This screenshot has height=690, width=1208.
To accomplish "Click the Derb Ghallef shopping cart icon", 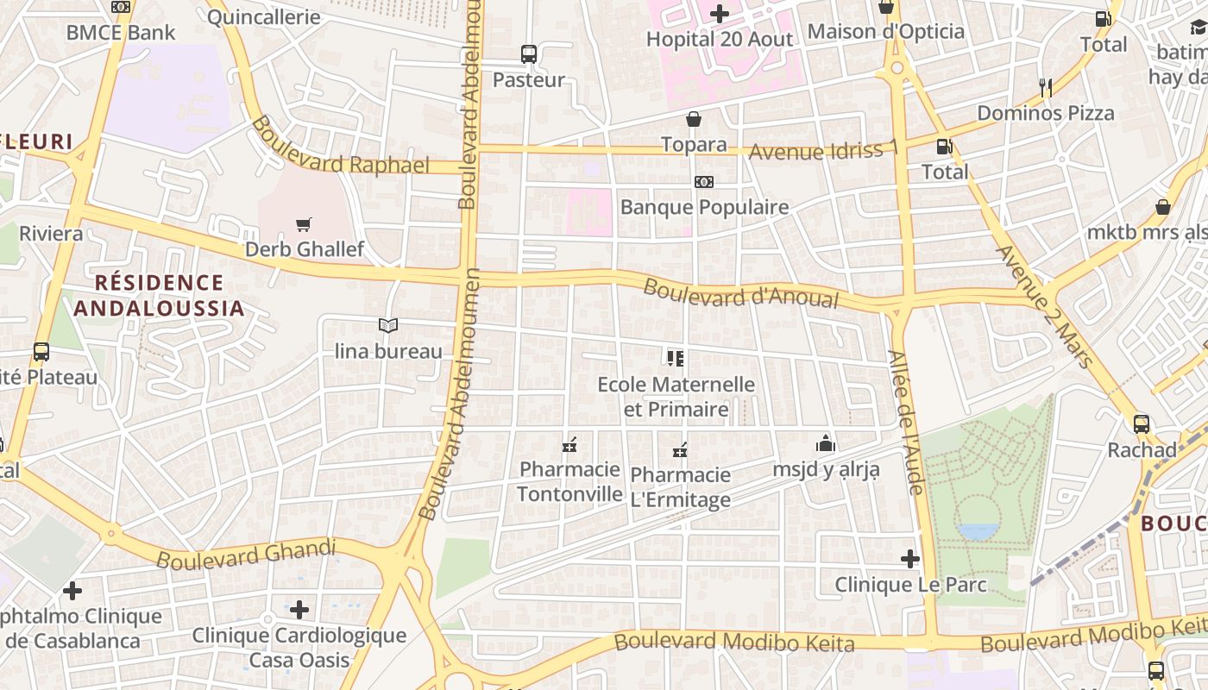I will click(303, 225).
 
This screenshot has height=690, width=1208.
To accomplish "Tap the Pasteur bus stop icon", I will click(529, 54).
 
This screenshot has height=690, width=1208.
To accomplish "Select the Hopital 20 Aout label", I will click(719, 39).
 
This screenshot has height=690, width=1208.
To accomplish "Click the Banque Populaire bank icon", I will click(704, 182).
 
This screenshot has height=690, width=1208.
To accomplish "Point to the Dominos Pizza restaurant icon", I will click(1046, 87).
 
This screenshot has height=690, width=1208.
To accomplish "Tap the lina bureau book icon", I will click(388, 326).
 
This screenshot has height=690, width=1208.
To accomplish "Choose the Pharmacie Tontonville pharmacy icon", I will click(569, 445).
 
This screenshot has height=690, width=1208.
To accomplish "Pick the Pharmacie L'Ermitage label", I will click(681, 486).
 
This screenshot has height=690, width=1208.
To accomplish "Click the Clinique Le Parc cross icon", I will click(910, 559).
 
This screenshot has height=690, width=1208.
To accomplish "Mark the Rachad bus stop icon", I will click(1142, 424).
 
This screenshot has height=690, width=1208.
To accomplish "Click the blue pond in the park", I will click(978, 530).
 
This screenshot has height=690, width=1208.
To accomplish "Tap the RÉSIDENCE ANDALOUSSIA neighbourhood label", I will click(159, 295).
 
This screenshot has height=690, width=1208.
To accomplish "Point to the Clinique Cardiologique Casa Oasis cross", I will click(299, 610).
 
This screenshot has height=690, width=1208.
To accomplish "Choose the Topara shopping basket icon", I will click(694, 119).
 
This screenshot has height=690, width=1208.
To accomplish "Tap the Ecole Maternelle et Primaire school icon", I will click(676, 358).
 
